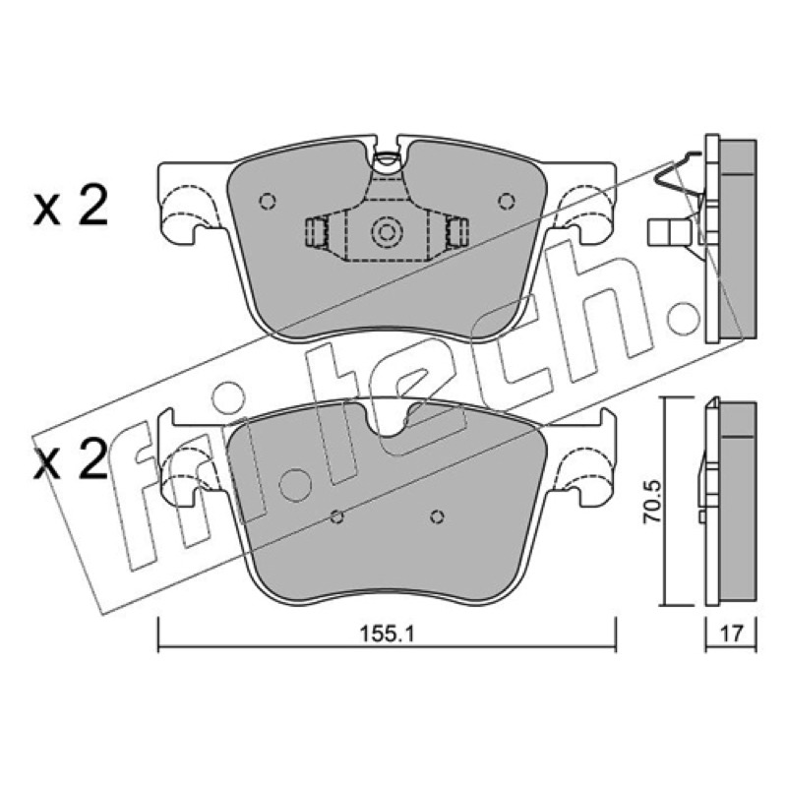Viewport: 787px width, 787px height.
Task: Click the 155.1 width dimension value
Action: point(387,635)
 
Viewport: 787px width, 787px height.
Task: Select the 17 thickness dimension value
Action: point(731,634)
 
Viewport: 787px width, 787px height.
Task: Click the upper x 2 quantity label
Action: point(71,206)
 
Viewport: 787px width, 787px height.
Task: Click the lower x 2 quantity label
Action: point(71,460)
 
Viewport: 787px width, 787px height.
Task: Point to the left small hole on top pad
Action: point(268,202)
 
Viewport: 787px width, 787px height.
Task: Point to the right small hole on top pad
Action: point(507,202)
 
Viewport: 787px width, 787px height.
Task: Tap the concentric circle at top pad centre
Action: point(387,232)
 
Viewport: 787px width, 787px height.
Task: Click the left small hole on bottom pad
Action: point(337,516)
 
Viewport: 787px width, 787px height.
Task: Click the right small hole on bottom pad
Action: point(437,516)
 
